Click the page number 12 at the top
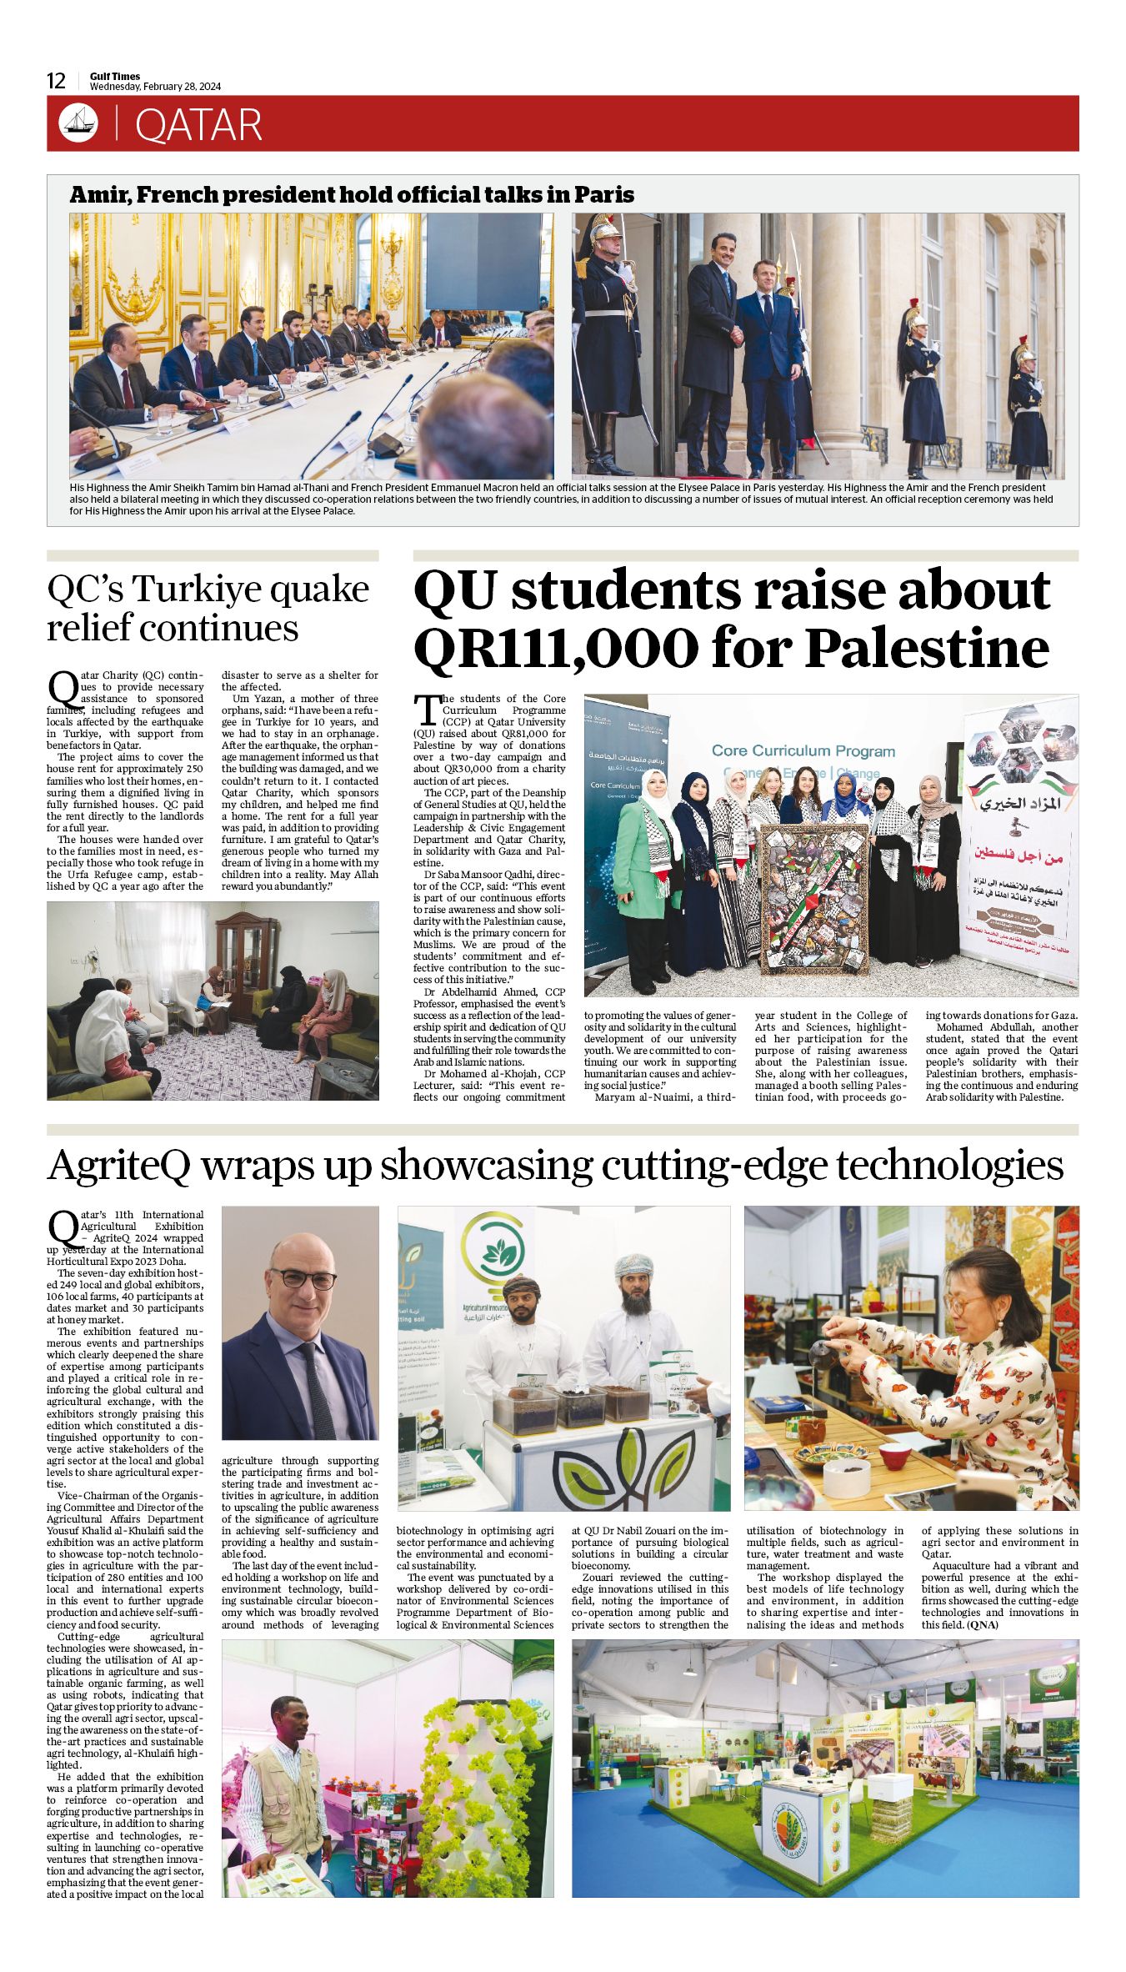[56, 81]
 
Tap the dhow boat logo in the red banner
[78, 123]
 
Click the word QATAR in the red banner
[198, 125]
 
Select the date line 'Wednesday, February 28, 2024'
[155, 87]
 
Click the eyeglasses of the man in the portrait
[303, 1278]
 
